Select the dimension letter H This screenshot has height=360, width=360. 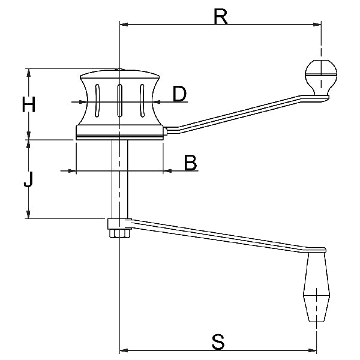click(28, 105)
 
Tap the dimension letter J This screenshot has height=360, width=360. click(28, 179)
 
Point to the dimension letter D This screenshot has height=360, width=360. click(179, 94)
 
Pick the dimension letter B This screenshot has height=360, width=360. click(190, 163)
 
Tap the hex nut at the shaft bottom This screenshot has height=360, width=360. click(119, 233)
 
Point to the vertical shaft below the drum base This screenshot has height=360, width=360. click(119, 180)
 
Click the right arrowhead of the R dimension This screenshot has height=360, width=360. click(319, 25)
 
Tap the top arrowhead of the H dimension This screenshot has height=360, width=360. click(28, 72)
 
